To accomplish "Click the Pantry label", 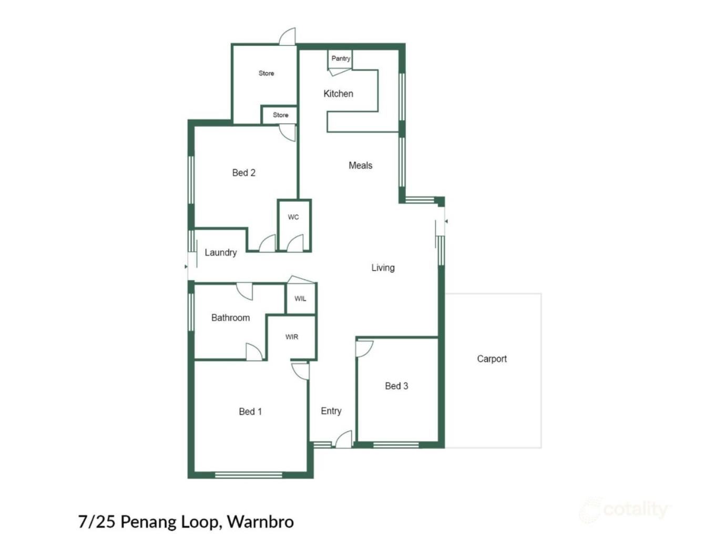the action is click(341, 58).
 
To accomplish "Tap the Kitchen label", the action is click(338, 94).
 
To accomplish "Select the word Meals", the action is click(360, 166).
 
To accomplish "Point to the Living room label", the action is click(383, 268).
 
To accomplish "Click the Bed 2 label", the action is click(243, 173).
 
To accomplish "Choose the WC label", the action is click(293, 217).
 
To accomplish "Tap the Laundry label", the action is click(220, 253).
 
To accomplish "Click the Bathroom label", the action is click(230, 317).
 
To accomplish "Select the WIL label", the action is click(300, 299).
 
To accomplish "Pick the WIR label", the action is click(292, 337).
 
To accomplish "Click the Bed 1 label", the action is click(250, 411).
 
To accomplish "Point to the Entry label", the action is click(331, 411).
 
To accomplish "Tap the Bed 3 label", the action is click(396, 386).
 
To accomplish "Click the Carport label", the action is click(492, 359).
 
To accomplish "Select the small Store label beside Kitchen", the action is click(280, 115).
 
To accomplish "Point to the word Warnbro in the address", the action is click(260, 522).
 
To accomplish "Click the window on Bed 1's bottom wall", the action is click(249, 475).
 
